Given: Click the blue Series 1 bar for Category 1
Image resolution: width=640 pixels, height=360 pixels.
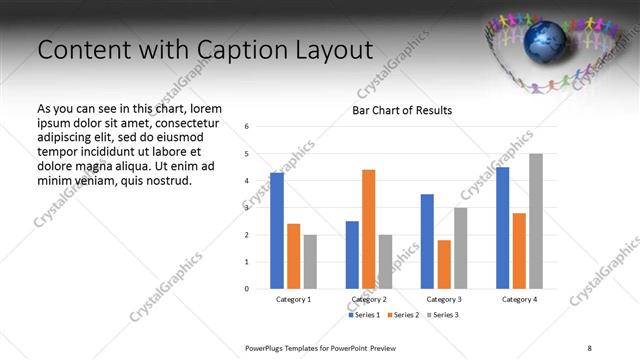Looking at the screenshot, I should click(x=277, y=231).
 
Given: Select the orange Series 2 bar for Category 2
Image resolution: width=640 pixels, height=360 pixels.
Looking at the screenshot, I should click(x=369, y=229).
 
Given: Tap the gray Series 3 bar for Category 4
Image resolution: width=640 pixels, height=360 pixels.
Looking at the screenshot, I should click(x=536, y=221).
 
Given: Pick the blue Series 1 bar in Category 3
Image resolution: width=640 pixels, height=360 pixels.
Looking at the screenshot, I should click(x=427, y=241).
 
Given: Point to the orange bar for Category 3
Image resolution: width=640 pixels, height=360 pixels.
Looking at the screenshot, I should click(x=444, y=264).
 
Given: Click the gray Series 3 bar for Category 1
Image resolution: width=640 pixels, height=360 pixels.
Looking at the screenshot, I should click(x=310, y=262).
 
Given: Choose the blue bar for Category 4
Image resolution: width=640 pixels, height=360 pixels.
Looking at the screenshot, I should click(x=502, y=228).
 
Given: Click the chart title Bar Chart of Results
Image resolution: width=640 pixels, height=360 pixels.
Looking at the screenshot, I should click(x=402, y=110).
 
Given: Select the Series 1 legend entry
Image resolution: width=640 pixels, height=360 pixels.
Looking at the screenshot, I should click(x=366, y=315).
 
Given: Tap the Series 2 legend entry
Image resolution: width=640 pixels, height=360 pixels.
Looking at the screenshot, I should click(x=403, y=315).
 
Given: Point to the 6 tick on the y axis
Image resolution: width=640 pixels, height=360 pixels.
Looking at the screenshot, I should click(x=247, y=126).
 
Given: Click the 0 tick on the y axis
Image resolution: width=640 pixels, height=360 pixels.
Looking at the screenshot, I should click(x=247, y=289).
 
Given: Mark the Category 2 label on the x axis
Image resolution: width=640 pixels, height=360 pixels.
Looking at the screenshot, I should click(x=369, y=300).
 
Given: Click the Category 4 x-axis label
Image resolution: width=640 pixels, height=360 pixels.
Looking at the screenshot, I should click(x=519, y=300).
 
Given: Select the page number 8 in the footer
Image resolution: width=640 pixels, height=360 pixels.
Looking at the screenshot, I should click(x=589, y=347).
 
